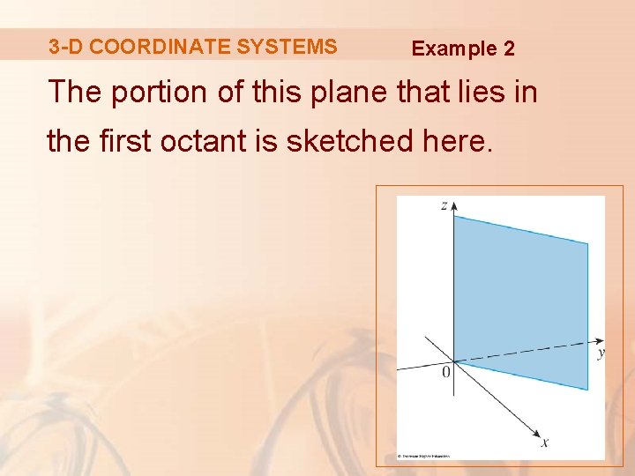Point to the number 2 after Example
509,48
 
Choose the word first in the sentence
129,140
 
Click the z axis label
444,205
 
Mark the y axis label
601,353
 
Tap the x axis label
544,443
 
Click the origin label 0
445,373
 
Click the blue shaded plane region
520,300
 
